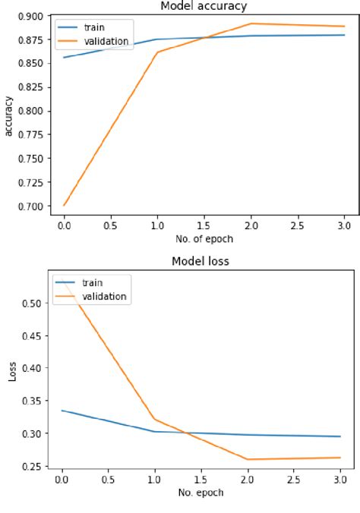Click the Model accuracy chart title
203,6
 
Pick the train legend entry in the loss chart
91,283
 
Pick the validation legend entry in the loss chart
104,297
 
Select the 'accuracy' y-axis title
9,115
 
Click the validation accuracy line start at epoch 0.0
64,205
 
